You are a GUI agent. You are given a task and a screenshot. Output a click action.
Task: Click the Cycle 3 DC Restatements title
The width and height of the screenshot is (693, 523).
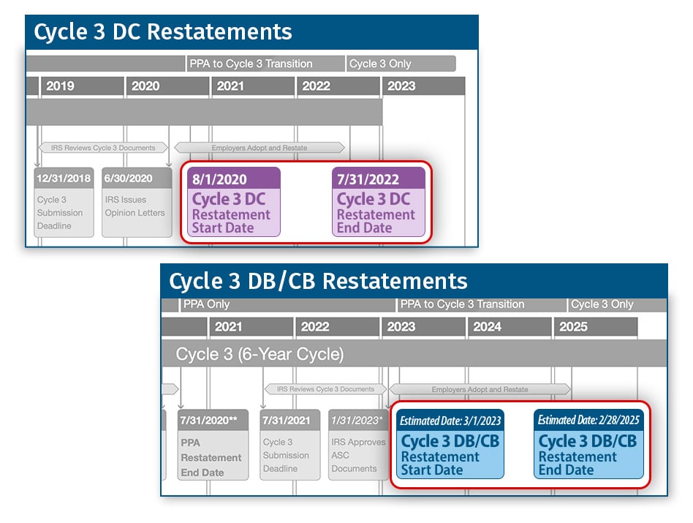click(x=162, y=32)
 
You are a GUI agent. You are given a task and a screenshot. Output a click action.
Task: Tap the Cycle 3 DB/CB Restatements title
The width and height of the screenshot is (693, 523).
click(x=318, y=282)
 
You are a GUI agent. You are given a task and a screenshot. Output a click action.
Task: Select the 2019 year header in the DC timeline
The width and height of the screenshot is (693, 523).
click(x=60, y=86)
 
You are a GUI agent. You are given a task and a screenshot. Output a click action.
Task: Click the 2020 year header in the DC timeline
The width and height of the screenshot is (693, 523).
click(x=145, y=86)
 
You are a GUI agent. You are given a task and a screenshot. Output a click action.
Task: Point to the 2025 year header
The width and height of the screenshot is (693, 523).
click(x=573, y=327)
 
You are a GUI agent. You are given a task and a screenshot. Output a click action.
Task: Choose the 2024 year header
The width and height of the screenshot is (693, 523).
click(x=487, y=327)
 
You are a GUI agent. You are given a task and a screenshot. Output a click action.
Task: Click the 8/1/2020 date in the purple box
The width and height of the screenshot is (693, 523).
click(x=219, y=179)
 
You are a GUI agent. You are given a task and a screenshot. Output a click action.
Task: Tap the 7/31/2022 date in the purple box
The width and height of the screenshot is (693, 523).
click(x=368, y=179)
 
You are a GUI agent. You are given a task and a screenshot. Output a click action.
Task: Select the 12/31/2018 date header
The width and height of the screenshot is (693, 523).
click(x=64, y=178)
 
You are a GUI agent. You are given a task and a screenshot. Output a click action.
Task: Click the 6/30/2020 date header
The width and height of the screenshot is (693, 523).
click(x=128, y=178)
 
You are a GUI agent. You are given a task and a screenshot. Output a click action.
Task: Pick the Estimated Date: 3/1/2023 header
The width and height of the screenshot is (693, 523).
click(x=450, y=421)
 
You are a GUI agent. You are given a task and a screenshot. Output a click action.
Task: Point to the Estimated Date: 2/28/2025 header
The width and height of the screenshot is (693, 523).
click(x=588, y=420)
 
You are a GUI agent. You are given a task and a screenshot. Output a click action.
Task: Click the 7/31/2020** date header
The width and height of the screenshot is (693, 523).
click(x=208, y=421)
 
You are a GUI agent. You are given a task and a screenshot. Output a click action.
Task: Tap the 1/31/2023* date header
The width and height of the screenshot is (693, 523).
click(x=356, y=421)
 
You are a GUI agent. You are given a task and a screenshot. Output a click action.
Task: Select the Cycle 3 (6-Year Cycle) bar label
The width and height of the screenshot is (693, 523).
click(x=260, y=354)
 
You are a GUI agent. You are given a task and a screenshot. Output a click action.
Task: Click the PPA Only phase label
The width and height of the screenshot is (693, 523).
click(x=206, y=304)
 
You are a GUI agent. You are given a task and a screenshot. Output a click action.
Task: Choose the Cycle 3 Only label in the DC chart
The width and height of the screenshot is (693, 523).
click(x=380, y=64)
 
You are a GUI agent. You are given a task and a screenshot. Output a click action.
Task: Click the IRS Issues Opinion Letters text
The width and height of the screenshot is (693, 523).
click(x=135, y=206)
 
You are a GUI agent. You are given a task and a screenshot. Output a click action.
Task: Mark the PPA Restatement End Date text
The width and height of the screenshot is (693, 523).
click(x=211, y=458)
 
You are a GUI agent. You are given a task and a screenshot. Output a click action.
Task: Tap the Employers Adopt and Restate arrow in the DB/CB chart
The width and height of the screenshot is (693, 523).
click(x=480, y=389)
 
